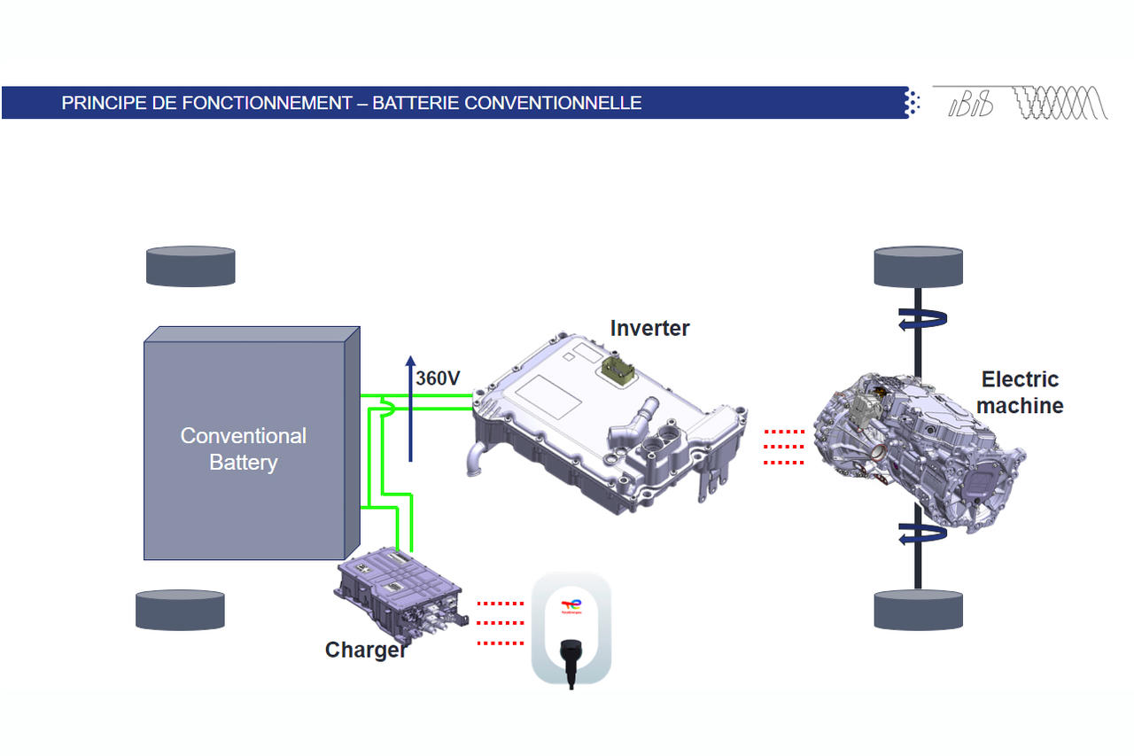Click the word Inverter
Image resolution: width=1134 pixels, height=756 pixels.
649,328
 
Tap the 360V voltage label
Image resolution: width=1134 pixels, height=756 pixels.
438,378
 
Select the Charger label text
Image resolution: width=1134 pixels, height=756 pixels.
366,650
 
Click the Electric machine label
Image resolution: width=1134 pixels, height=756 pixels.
1020,392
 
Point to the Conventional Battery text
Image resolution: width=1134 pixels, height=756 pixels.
243,448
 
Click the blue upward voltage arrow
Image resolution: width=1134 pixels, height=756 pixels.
410,408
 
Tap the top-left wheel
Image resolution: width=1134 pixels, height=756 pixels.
190,266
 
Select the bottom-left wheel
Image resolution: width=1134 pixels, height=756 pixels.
180,610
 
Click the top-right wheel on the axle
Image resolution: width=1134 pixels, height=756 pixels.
918,266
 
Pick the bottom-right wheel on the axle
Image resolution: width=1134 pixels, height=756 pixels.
918,610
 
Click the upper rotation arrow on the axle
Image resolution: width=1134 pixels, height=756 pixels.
917,320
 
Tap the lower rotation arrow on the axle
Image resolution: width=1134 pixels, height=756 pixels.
917,534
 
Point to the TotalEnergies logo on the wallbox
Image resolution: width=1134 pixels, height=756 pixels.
571,606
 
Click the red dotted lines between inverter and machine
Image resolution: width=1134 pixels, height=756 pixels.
783,447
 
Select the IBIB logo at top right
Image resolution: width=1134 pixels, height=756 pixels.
971,105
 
